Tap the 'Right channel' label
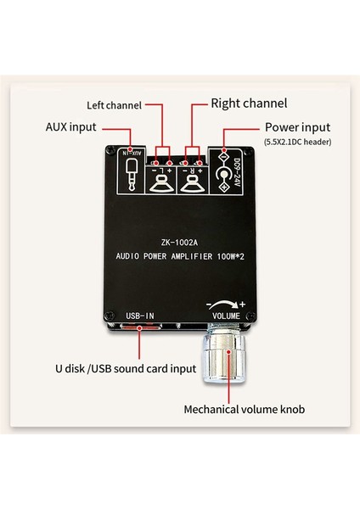point(248,103)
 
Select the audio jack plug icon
point(130,177)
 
